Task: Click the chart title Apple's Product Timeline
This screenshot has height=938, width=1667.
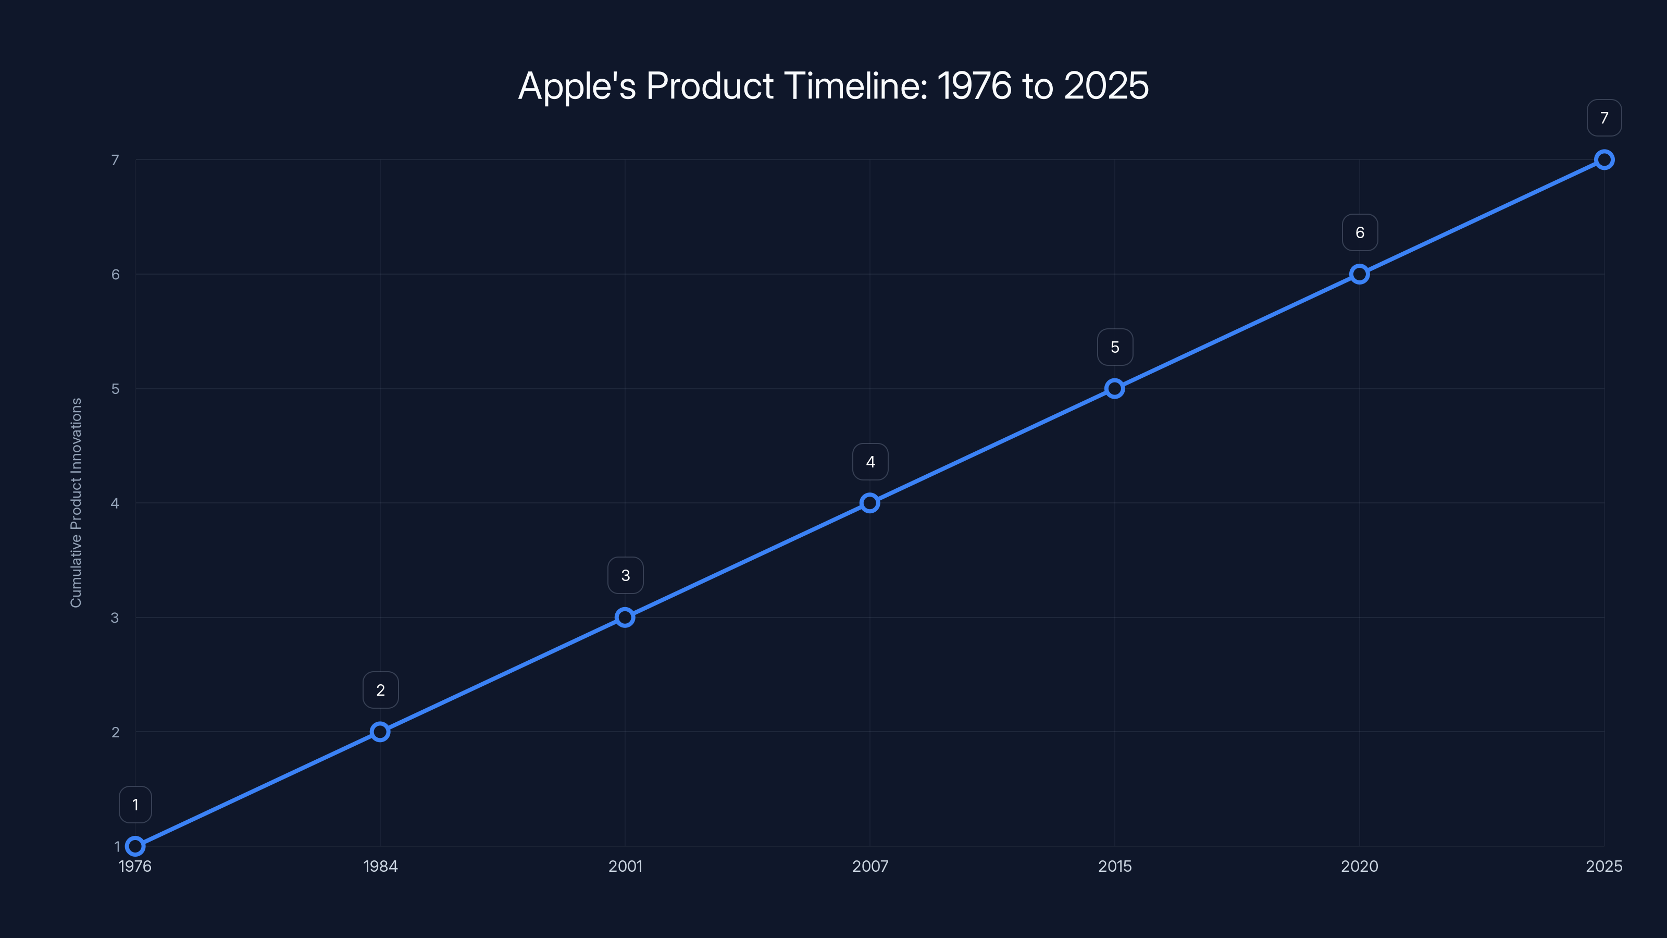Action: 833,86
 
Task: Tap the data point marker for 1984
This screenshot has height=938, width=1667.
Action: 380,732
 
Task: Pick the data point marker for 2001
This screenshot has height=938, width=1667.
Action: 625,617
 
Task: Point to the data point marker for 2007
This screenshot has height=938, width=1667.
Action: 870,503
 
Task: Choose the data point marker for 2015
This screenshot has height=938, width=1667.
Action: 1114,388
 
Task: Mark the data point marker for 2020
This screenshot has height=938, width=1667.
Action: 1359,274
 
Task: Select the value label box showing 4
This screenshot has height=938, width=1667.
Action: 870,462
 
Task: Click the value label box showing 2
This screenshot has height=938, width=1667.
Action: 380,690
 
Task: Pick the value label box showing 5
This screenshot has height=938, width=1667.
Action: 1114,347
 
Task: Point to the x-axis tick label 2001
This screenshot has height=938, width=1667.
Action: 625,866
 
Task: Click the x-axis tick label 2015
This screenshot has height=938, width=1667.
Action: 1114,866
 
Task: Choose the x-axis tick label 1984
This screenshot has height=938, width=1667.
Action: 380,866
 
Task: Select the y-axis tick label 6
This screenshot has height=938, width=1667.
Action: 115,275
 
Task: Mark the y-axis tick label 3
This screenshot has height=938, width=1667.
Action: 115,618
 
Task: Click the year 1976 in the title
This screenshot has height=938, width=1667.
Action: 974,86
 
